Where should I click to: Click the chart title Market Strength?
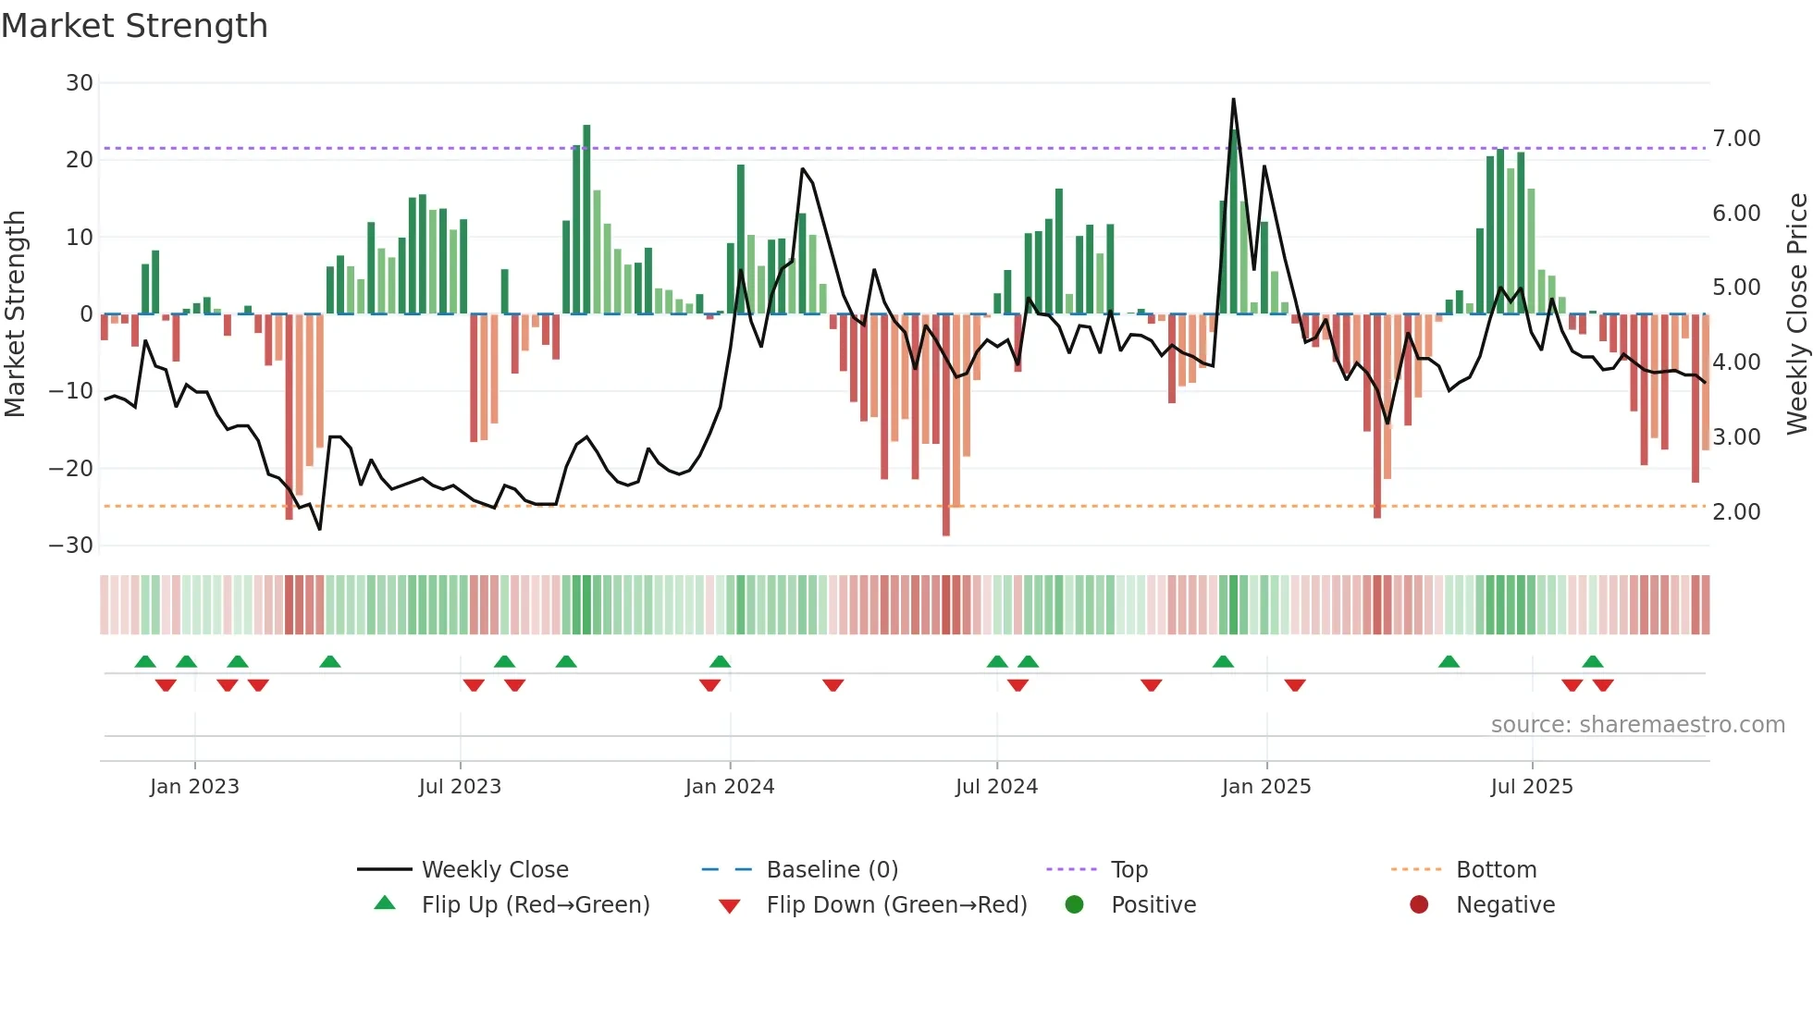(x=135, y=26)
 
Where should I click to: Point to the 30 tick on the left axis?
(x=80, y=83)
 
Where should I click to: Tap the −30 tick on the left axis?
(x=72, y=546)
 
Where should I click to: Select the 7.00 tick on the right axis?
(x=1736, y=139)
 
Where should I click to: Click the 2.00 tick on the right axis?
(x=1736, y=512)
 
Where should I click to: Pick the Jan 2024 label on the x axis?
(x=730, y=787)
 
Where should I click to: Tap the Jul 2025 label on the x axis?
(x=1532, y=787)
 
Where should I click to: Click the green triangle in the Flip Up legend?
(x=385, y=903)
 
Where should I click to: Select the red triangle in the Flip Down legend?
(x=729, y=906)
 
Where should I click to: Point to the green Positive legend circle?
(x=1074, y=904)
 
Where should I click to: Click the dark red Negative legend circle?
(x=1419, y=904)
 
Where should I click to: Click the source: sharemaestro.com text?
(x=1637, y=725)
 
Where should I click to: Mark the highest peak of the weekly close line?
(x=1233, y=99)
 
